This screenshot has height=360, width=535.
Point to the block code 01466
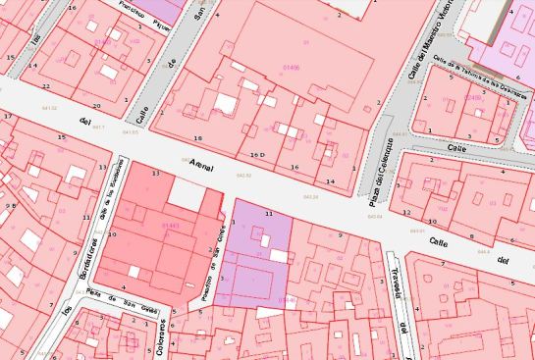(x=290, y=68)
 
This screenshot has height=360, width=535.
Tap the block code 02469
(x=474, y=98)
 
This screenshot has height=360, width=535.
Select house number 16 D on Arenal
(x=258, y=155)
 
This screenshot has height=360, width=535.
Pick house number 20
(x=96, y=105)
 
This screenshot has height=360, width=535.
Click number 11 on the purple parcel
(x=268, y=213)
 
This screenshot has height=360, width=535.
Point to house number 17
(x=7, y=117)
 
